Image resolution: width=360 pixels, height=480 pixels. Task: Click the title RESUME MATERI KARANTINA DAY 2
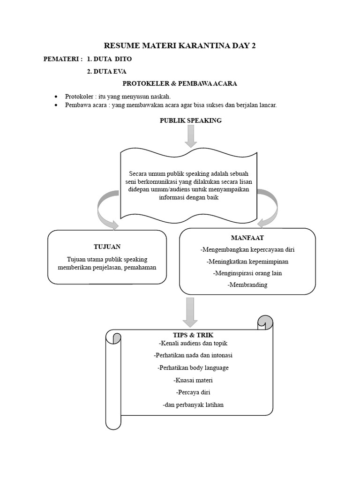(180, 46)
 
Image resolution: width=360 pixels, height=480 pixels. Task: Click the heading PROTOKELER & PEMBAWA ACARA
(180, 83)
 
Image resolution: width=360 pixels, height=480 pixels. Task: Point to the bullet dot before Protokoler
(56, 96)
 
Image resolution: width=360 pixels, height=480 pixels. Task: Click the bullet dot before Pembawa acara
(56, 105)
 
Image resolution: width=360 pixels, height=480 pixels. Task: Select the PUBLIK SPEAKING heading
(190, 120)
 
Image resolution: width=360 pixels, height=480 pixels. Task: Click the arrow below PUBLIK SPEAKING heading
(190, 136)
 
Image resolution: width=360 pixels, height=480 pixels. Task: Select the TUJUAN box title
(107, 247)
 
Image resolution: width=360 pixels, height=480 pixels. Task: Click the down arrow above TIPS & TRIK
(190, 312)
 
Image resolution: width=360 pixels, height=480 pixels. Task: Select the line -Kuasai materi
(193, 380)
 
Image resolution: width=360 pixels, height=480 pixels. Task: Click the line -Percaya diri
(193, 392)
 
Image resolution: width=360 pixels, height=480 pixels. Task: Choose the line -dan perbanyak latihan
(193, 405)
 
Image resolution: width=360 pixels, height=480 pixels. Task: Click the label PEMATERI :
(63, 59)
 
